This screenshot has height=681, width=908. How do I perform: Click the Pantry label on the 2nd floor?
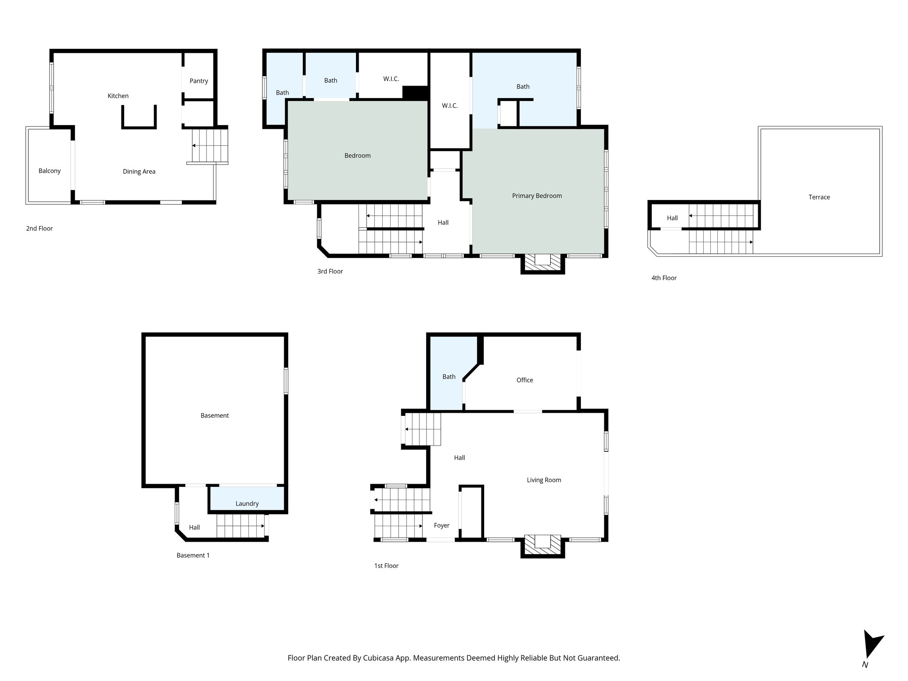[199, 81]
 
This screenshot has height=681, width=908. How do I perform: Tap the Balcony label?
[49, 171]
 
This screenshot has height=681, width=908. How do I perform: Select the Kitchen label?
[118, 96]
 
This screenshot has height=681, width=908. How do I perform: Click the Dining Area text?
[139, 172]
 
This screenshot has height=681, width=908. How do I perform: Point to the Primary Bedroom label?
[536, 196]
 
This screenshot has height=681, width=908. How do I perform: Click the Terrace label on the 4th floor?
[819, 197]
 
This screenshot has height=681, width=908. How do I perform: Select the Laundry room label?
[247, 503]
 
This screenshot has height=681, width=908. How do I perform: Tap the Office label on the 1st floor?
[524, 380]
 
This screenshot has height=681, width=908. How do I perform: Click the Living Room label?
[544, 480]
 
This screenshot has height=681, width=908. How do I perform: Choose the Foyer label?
[442, 525]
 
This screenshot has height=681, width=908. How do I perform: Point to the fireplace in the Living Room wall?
[543, 545]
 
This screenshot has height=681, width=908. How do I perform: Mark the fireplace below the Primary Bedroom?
[543, 262]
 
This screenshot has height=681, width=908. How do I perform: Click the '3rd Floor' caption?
[330, 271]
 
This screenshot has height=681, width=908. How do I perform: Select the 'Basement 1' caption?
[193, 555]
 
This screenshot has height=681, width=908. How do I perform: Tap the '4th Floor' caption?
[664, 278]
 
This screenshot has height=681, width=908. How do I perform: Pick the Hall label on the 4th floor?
[672, 218]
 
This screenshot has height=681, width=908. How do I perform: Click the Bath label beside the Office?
[449, 376]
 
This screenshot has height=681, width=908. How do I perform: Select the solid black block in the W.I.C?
[415, 93]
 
